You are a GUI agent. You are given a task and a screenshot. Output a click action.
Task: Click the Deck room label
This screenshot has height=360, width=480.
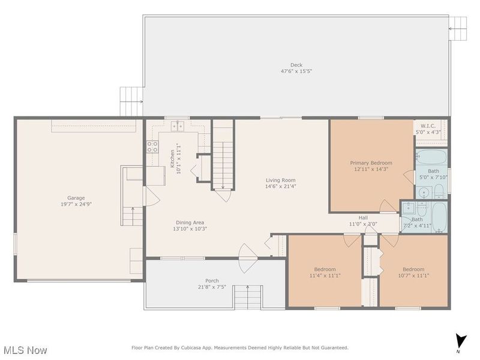[296, 64]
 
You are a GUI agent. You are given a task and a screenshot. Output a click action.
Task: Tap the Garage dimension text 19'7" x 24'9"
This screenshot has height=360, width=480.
[76, 204]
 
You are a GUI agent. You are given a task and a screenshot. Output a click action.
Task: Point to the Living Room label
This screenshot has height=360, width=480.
[281, 180]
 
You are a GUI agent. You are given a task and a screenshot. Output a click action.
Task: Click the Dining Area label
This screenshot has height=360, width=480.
[190, 223]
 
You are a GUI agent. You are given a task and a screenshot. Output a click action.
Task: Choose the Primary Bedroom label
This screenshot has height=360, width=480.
[371, 163]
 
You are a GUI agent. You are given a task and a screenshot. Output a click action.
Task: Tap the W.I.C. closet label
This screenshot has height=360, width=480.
[428, 126]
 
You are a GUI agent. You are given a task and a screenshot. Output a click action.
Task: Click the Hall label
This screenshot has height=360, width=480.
[363, 218]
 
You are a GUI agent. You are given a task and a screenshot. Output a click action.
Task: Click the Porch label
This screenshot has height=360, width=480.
[212, 281]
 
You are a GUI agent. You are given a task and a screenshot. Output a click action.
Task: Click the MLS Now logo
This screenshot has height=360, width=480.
[25, 349]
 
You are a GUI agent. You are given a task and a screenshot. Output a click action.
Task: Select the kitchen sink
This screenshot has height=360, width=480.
[178, 125]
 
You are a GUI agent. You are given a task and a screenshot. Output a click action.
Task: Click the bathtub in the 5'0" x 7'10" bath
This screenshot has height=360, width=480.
[431, 159]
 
